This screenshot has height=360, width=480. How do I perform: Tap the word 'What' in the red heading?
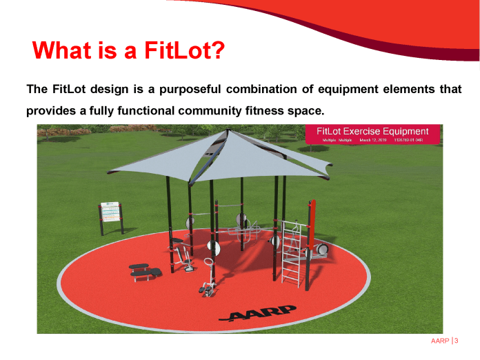60,50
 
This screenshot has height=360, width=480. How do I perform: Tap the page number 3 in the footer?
457,341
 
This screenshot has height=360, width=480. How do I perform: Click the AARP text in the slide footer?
439,341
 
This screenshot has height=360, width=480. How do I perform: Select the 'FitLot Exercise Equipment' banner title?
372,131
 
